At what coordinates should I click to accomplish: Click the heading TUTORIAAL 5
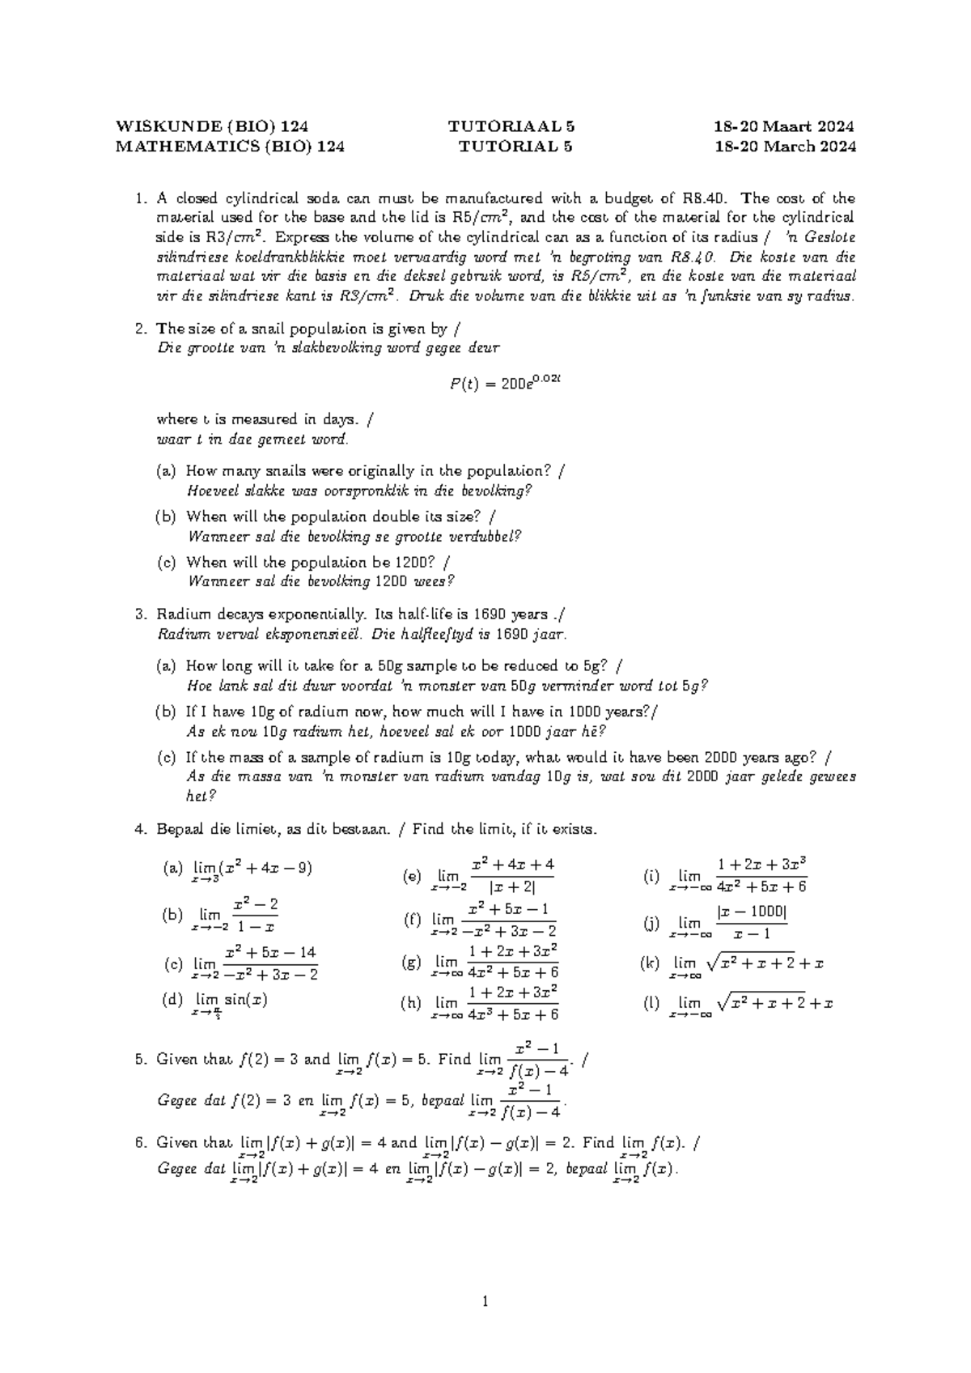[511, 126]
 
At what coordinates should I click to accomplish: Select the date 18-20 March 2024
[784, 147]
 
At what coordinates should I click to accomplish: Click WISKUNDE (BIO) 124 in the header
[212, 126]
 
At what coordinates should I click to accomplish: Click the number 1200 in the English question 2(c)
[416, 562]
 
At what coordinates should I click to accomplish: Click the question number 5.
[141, 1059]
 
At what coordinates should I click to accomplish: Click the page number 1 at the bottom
[485, 1303]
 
